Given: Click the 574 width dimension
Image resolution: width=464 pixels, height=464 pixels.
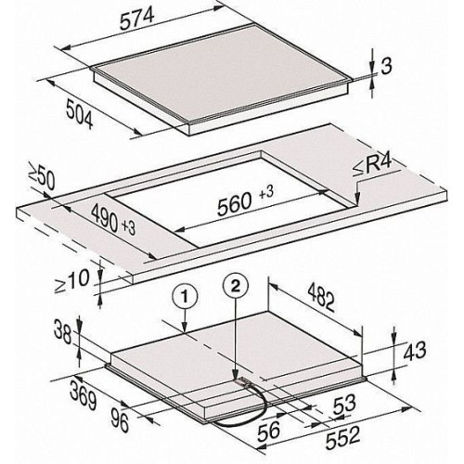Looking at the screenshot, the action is [136, 19].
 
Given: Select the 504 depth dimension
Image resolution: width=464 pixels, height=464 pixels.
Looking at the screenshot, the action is [79, 116].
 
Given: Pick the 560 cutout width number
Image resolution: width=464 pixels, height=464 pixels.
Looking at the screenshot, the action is [234, 204].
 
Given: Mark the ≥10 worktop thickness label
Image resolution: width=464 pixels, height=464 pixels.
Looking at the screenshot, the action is [71, 280].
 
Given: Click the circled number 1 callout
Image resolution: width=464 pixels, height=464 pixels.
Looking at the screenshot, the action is [185, 297].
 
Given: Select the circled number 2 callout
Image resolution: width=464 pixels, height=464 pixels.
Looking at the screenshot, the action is [236, 287].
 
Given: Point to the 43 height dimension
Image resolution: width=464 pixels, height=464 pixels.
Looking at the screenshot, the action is [414, 352].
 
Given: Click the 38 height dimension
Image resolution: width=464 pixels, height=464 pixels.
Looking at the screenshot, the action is [63, 332].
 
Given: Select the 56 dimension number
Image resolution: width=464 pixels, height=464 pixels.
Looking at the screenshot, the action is [269, 431].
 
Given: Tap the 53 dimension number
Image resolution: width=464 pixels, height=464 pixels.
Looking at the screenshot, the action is [344, 405].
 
